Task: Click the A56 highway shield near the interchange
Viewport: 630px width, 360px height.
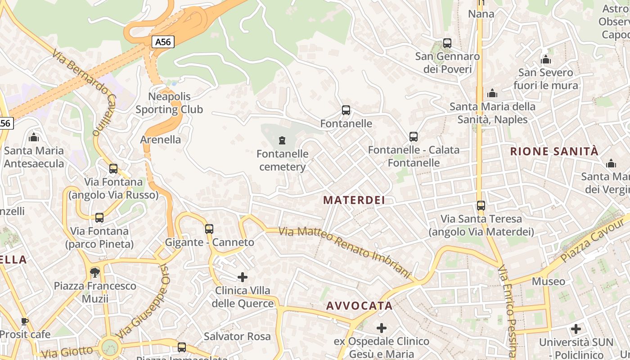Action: click(162, 42)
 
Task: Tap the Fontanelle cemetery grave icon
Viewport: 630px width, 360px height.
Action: click(282, 140)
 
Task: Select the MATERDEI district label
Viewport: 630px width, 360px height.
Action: click(354, 200)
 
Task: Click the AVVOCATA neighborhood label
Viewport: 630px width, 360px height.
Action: click(359, 306)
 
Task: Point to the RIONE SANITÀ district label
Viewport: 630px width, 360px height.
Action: click(554, 151)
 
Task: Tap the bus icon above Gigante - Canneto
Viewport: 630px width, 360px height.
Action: click(209, 229)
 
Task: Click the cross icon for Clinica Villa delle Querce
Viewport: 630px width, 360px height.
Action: click(243, 277)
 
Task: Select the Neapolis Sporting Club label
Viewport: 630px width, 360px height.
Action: click(169, 103)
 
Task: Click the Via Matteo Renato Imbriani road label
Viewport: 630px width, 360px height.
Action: click(345, 252)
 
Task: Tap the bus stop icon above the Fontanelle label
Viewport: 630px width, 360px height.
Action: click(346, 110)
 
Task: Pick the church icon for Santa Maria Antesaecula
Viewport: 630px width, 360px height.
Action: click(33, 137)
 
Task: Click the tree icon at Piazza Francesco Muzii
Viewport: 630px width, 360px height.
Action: click(94, 272)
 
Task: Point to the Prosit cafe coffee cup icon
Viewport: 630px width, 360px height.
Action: click(24, 321)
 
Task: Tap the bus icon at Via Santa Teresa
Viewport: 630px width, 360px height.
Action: click(481, 206)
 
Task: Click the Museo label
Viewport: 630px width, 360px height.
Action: click(548, 282)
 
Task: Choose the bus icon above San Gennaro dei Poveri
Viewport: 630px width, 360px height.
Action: click(447, 43)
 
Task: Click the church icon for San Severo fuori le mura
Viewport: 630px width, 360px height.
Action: click(546, 59)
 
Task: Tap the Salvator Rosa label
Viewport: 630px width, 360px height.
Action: click(237, 336)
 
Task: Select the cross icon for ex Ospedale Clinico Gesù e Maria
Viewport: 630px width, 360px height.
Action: click(382, 328)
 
